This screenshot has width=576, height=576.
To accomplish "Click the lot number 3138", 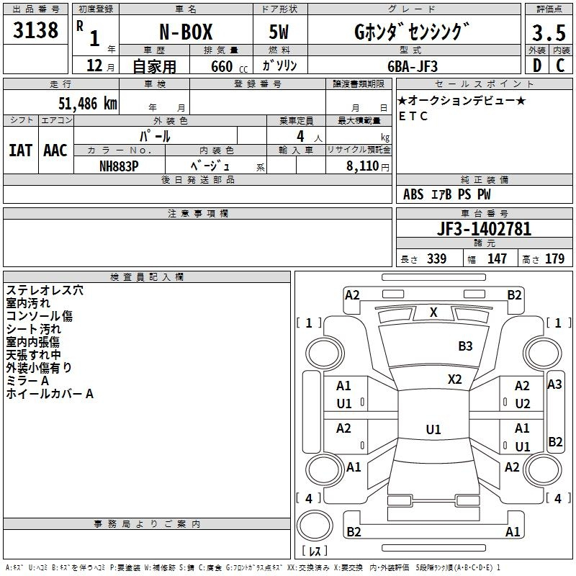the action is (x=35, y=30).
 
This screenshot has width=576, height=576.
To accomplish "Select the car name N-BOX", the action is (x=186, y=32).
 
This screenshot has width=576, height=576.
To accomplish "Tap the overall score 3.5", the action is (x=549, y=33).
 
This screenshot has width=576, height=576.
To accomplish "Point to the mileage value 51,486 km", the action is (x=88, y=104).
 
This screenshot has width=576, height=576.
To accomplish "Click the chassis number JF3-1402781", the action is (x=484, y=229).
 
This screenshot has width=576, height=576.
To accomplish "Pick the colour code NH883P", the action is (x=119, y=166).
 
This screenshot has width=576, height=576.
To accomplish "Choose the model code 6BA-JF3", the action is (x=413, y=66).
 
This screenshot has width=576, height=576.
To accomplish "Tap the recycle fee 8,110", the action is (x=363, y=166).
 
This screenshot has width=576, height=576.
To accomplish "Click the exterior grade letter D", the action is (x=537, y=66).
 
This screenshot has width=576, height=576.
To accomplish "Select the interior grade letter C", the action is (x=560, y=66).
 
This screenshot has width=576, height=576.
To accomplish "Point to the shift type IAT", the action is (x=20, y=150).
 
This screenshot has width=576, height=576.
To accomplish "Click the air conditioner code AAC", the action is (x=55, y=150).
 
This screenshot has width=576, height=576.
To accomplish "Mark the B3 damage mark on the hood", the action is (x=465, y=346).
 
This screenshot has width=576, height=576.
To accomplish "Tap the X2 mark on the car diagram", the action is (x=455, y=379).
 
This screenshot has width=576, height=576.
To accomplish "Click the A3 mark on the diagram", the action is (x=554, y=384).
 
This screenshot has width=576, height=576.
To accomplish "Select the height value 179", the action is (x=554, y=258).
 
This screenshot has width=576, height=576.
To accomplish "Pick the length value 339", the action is (x=437, y=258).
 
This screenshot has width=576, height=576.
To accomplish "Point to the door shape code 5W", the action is (x=279, y=32).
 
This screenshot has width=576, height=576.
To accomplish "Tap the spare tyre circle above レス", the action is (x=315, y=525).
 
